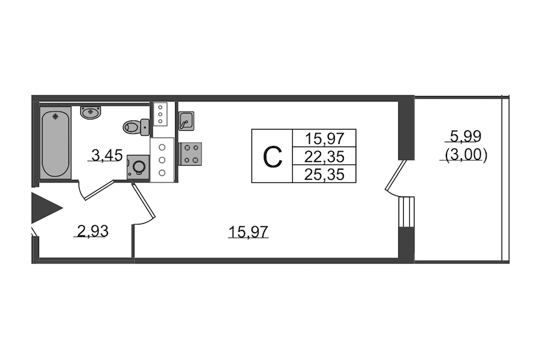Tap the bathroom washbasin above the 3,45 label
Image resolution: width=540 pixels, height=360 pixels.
91,112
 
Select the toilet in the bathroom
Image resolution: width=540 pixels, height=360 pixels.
136,127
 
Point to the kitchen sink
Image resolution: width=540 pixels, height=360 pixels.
186,121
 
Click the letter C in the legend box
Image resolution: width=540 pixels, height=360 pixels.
272,157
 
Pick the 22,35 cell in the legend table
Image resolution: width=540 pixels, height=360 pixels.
324,157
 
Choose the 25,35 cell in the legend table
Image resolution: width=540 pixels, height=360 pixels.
324,174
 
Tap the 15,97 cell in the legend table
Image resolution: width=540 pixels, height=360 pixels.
324,139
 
